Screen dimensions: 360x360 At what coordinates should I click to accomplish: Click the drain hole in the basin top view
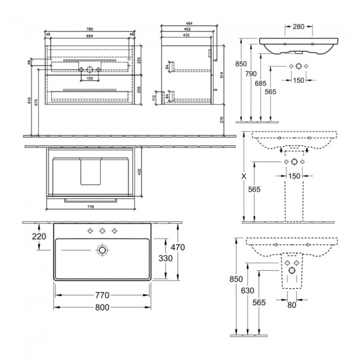point(102,251)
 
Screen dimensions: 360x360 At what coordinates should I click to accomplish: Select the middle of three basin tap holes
point(102,230)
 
